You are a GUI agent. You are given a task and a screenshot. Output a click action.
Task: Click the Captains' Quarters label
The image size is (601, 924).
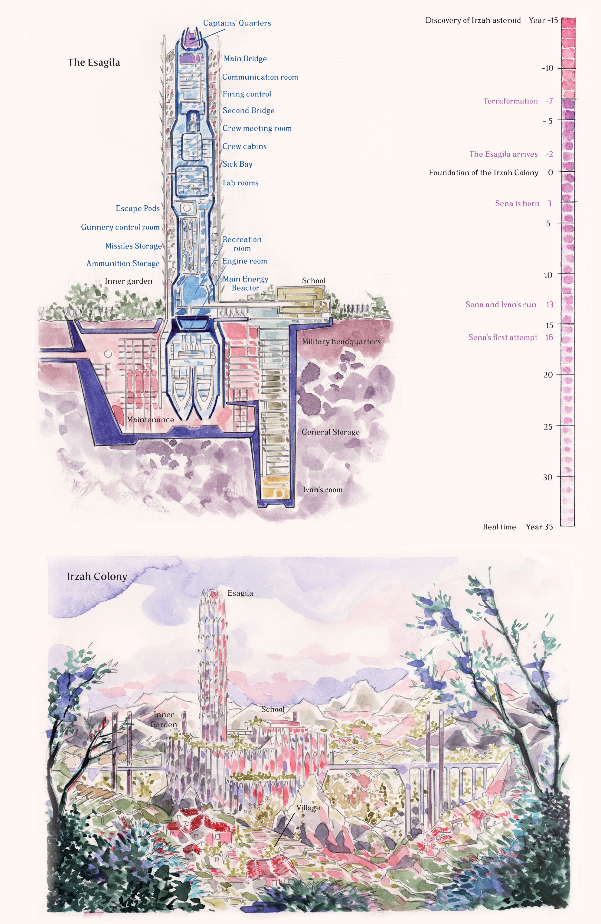pyautogui.click(x=237, y=23)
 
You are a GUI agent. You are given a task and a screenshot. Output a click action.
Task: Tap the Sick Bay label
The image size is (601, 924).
pyautogui.click(x=237, y=164)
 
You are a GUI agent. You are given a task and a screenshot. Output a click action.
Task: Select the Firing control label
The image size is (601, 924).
pyautogui.click(x=247, y=94)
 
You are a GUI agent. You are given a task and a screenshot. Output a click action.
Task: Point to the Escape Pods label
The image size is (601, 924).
pyautogui.click(x=138, y=209)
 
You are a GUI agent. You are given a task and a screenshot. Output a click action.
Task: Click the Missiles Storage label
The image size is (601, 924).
pyautogui.click(x=133, y=246)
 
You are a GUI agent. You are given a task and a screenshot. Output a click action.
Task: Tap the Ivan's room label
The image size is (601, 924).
pyautogui.click(x=322, y=490)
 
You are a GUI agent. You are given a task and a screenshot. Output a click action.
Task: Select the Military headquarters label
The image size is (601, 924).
pyautogui.click(x=341, y=342)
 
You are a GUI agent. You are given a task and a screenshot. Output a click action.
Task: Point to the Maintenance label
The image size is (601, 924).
pyautogui.click(x=150, y=420)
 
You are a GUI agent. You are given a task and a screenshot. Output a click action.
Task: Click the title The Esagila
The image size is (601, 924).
pyautogui.click(x=94, y=63)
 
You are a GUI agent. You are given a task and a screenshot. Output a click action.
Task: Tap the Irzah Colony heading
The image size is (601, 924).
pyautogui.click(x=97, y=577)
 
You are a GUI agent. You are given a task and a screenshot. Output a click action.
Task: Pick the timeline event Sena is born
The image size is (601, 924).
pyautogui.click(x=517, y=203)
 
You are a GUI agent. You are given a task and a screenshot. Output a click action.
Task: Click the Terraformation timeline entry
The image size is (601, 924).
pyautogui.click(x=510, y=101)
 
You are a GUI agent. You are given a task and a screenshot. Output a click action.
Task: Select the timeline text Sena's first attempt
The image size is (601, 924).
pyautogui.click(x=502, y=337)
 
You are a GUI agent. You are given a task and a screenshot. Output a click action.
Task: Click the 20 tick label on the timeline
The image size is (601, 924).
pyautogui.click(x=548, y=375)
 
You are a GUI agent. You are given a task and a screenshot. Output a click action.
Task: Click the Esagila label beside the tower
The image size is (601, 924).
pyautogui.click(x=240, y=593)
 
